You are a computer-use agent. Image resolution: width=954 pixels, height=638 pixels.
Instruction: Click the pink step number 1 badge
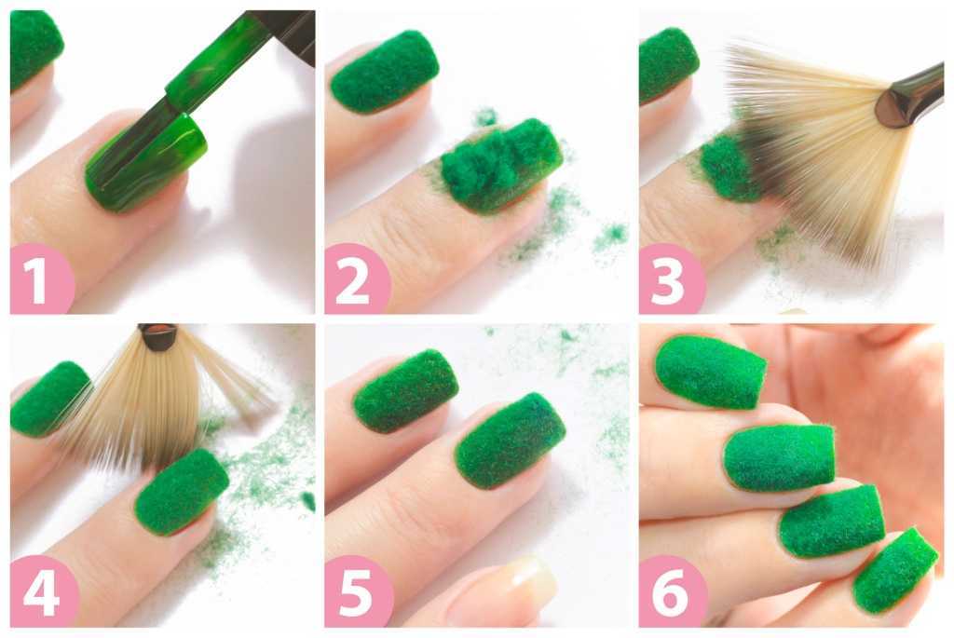click(41, 279)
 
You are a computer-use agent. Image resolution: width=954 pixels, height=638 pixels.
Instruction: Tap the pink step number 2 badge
click(357, 279)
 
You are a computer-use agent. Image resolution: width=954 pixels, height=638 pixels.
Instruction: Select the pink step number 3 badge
click(671, 279)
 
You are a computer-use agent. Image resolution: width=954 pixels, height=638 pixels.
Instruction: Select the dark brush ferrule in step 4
click(157, 336)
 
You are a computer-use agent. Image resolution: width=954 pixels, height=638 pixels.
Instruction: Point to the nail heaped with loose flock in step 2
click(501, 166)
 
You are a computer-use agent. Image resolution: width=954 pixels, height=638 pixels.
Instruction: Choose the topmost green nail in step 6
click(711, 372)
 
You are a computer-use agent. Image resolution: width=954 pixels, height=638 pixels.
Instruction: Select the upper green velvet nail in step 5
click(405, 391)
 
